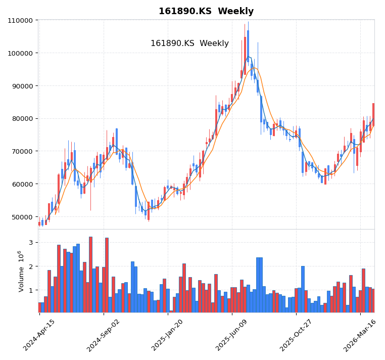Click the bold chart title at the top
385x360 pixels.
206,11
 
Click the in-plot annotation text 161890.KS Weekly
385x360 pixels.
189,43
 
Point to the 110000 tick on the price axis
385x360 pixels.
21,20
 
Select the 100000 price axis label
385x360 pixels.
21,53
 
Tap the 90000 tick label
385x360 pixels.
22,86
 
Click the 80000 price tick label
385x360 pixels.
22,119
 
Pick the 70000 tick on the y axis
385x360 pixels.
22,151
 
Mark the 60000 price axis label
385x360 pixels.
22,184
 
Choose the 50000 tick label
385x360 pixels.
22,217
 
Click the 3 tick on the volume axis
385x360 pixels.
30,243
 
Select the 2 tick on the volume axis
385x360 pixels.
30,266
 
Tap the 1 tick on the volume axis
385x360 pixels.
30,290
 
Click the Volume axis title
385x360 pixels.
21,271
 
